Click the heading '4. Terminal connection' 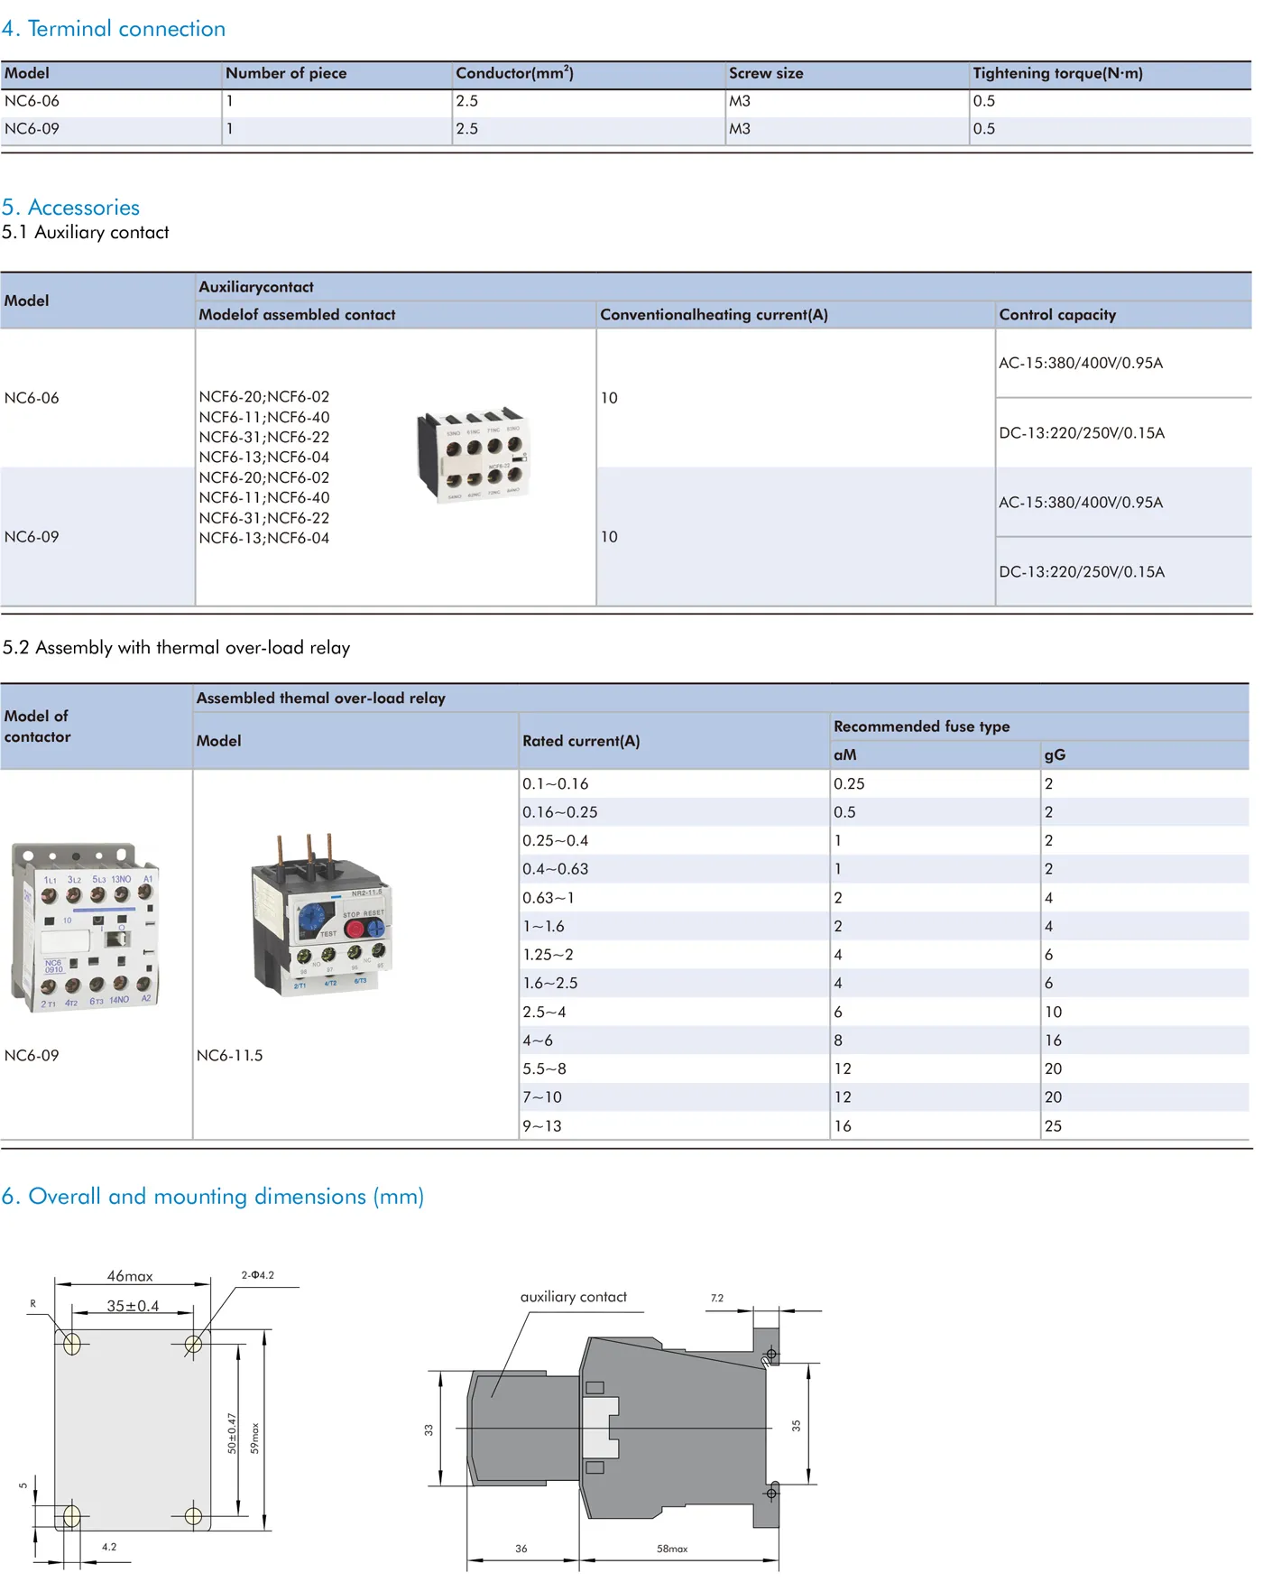pyautogui.click(x=114, y=29)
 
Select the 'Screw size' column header pyautogui.click(x=766, y=74)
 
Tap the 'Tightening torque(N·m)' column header pyautogui.click(x=1057, y=74)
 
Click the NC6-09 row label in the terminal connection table pyautogui.click(x=32, y=129)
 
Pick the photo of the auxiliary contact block pyautogui.click(x=473, y=455)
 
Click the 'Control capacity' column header pyautogui.click(x=1057, y=315)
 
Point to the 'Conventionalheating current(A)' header pyautogui.click(x=714, y=315)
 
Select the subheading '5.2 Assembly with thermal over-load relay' pyautogui.click(x=176, y=648)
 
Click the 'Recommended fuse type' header pyautogui.click(x=921, y=726)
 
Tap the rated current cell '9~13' pyautogui.click(x=542, y=1126)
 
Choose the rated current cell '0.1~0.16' pyautogui.click(x=556, y=784)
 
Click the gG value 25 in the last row pyautogui.click(x=1053, y=1126)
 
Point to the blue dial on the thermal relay pyautogui.click(x=311, y=918)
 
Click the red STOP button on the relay pyautogui.click(x=355, y=929)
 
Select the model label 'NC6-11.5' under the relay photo pyautogui.click(x=230, y=1056)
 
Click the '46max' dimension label pyautogui.click(x=130, y=1276)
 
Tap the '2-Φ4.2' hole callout pyautogui.click(x=257, y=1275)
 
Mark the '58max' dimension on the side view pyautogui.click(x=672, y=1549)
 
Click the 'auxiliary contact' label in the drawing pyautogui.click(x=573, y=1297)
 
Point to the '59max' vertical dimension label pyautogui.click(x=255, y=1438)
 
